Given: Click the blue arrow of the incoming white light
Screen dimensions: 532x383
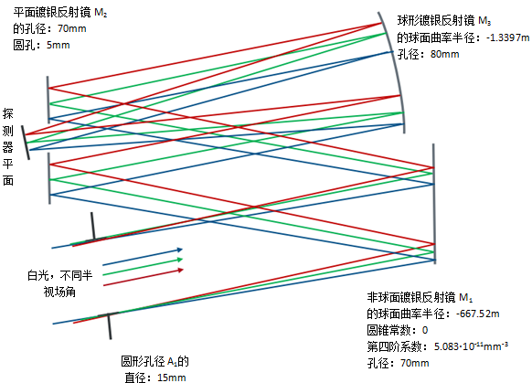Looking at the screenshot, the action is point(143,257).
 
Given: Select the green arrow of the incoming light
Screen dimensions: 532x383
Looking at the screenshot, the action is point(143,267).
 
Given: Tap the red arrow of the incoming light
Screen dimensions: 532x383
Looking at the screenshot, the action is point(143,277).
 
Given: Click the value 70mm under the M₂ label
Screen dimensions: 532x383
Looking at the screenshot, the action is point(72,28).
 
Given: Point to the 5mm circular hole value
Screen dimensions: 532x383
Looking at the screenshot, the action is point(58,45).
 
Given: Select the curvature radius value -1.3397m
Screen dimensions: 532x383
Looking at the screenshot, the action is point(507,37).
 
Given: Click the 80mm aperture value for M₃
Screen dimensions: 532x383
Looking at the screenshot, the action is point(444,54).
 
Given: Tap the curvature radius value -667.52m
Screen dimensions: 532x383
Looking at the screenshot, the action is point(478,314).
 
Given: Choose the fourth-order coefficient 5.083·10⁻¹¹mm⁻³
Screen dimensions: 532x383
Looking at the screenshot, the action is point(471,346).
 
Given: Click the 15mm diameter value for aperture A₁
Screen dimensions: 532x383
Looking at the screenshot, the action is point(172,378).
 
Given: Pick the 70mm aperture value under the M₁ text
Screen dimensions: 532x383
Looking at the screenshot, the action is point(415,363).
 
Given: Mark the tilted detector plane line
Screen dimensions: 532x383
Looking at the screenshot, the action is point(26,143).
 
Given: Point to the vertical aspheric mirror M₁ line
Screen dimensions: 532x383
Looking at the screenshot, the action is point(434,204).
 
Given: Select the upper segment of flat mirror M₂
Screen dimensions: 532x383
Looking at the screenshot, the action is point(48,100).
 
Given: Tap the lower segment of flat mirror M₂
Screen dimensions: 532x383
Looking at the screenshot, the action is point(49,178).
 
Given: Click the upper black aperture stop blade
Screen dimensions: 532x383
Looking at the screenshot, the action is point(92,227).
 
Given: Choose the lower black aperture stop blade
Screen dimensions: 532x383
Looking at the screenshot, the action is point(110,325).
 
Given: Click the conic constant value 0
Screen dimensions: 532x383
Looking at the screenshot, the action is point(425,330).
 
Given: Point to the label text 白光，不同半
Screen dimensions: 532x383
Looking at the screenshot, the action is point(60,275).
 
